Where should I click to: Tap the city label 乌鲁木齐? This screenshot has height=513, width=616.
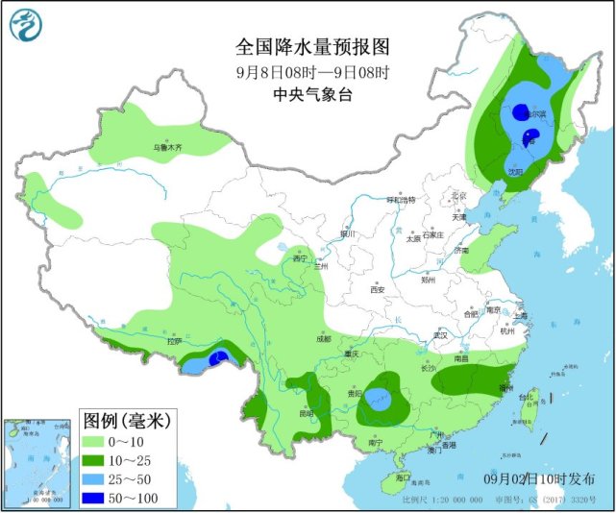(168, 148)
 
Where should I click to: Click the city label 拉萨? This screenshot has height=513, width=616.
(173, 341)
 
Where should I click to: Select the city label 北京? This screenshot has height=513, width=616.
(458, 196)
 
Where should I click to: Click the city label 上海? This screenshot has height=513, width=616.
(520, 315)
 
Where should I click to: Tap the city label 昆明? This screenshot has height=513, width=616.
(306, 414)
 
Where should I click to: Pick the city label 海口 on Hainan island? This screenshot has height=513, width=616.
(403, 477)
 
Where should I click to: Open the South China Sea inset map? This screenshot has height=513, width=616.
(35, 462)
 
